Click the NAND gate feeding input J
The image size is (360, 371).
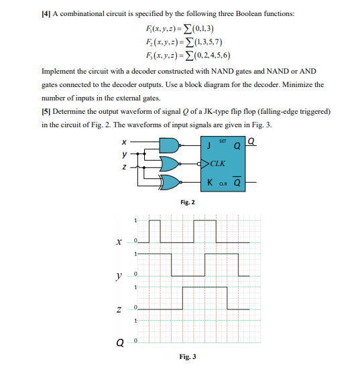coord(171,145)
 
